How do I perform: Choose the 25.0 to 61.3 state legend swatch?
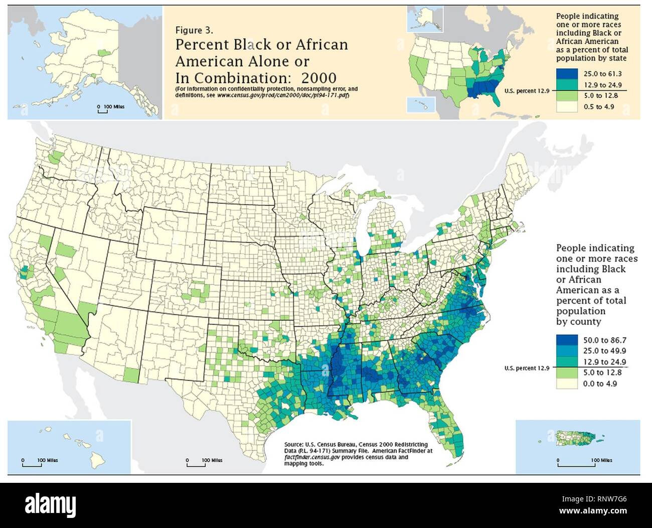click(x=568, y=74)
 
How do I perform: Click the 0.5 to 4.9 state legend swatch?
click(x=568, y=106)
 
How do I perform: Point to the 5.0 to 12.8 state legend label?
click(x=600, y=96)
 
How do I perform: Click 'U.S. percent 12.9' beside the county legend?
click(x=527, y=368)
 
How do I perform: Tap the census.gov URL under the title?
click(x=283, y=95)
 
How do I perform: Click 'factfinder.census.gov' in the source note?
click(x=308, y=457)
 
